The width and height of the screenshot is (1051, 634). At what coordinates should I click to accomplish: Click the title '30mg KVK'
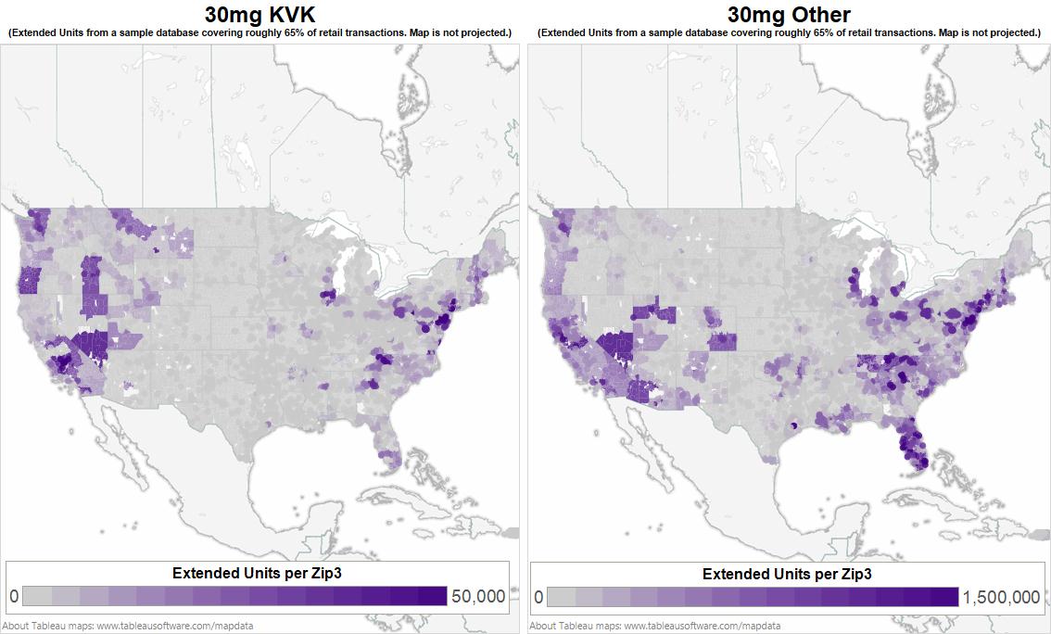(260, 14)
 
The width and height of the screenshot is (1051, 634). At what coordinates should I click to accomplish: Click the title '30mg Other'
(789, 14)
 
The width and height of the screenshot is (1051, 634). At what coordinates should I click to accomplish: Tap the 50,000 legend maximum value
(478, 596)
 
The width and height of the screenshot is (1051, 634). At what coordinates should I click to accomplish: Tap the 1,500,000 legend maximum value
(1001, 596)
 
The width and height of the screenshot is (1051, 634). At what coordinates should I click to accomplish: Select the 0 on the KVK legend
(13, 596)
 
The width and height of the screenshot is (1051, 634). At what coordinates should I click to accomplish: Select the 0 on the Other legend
(538, 596)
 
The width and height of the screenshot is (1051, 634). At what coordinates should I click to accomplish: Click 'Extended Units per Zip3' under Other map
(787, 573)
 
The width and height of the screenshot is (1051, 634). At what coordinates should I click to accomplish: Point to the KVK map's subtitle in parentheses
(260, 32)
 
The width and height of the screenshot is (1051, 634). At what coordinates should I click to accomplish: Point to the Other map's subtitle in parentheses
(789, 32)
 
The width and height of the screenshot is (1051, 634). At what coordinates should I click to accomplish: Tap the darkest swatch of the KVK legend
(433, 596)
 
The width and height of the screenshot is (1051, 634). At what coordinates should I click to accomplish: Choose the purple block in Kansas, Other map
(722, 341)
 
